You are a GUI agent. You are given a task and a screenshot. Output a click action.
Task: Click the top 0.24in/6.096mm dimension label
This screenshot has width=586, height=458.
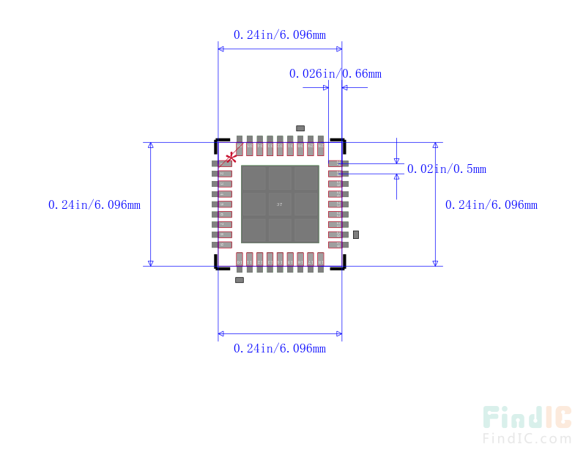tap(279, 34)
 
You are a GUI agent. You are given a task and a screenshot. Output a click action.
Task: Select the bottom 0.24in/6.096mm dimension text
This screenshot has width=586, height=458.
tap(279, 348)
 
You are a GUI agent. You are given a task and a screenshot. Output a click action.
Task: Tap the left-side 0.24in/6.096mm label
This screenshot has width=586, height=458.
tap(94, 204)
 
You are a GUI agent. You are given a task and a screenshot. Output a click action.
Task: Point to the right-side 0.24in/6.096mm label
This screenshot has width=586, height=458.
tap(491, 204)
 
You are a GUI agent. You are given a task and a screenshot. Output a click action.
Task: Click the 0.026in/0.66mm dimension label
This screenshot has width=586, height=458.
tap(335, 73)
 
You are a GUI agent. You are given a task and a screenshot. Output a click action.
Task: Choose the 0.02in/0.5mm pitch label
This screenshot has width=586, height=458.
tap(446, 169)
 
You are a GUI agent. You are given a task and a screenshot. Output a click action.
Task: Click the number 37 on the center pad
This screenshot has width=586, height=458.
tap(280, 204)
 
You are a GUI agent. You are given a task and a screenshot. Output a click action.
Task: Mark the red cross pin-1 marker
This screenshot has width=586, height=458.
tap(231, 157)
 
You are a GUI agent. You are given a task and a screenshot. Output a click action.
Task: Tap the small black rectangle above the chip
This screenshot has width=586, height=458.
tap(300, 128)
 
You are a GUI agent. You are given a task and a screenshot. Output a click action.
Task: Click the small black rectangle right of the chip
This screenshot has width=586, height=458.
tap(356, 234)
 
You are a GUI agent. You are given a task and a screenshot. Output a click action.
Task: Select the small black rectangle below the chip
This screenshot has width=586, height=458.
tap(240, 280)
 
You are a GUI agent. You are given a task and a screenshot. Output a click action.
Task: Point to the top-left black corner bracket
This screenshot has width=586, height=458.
tap(219, 141)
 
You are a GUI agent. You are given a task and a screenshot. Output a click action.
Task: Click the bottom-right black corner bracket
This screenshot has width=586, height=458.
tap(339, 266)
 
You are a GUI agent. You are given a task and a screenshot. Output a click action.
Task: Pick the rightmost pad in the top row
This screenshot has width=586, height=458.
tap(320, 145)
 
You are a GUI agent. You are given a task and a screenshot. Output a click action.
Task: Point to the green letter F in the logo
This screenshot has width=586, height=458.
tap(492, 418)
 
